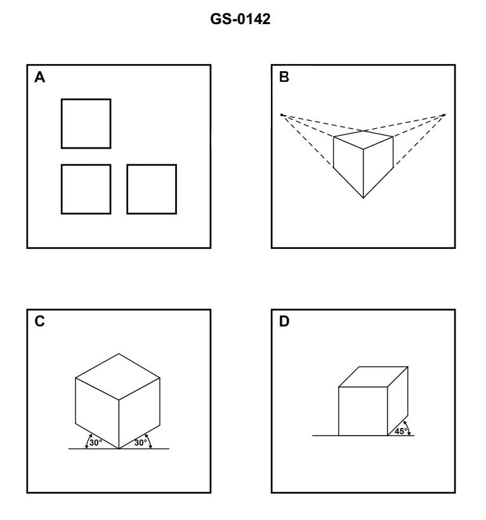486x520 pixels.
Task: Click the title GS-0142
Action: tap(243, 20)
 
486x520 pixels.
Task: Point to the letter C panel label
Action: tap(39, 321)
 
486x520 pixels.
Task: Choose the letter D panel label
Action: tap(284, 321)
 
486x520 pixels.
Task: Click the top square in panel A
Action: tap(86, 123)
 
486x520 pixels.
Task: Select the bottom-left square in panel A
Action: tap(86, 189)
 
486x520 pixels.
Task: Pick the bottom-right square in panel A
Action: tap(152, 189)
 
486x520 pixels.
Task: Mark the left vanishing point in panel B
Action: tap(282, 115)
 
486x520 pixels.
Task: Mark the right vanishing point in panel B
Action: tap(445, 115)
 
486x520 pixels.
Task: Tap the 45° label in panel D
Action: tap(401, 430)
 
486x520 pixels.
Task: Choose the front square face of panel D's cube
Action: tap(363, 411)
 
